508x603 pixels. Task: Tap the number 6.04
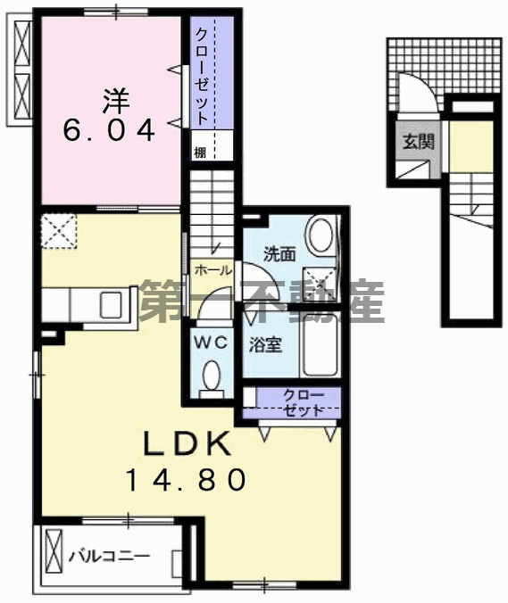click(109, 131)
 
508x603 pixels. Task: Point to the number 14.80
click(185, 481)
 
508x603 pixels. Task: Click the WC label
click(212, 342)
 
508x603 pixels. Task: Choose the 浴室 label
click(266, 344)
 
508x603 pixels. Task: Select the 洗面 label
click(279, 254)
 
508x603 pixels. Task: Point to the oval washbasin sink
click(319, 237)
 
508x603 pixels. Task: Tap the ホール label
click(212, 269)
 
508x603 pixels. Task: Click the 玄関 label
click(416, 140)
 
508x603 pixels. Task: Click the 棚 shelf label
click(201, 152)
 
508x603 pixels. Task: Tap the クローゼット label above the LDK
click(297, 401)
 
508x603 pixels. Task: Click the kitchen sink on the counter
click(113, 305)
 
